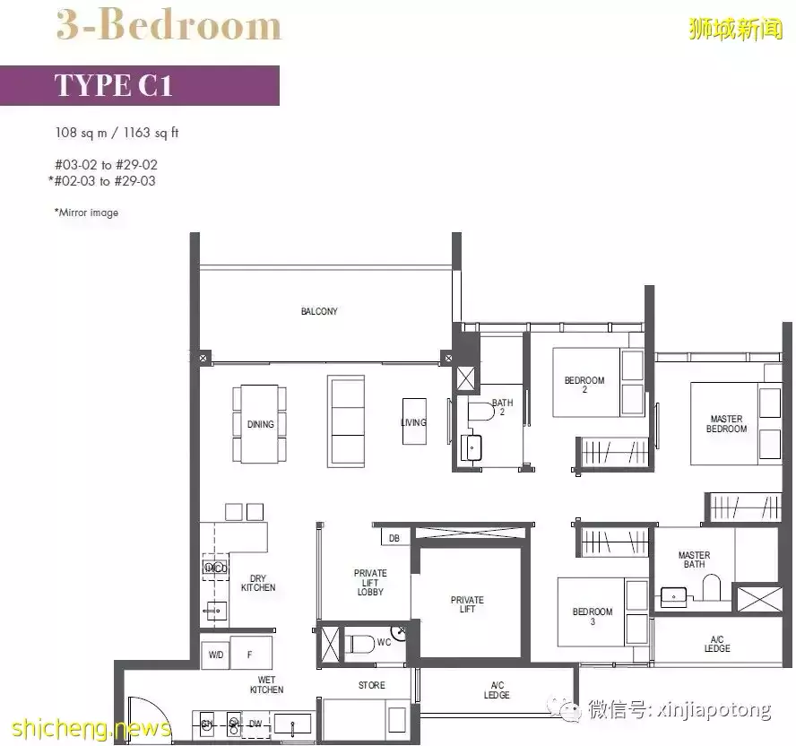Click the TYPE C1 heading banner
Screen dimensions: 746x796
tap(139, 85)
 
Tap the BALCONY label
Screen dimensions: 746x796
tap(319, 312)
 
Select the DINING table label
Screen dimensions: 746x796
tap(260, 424)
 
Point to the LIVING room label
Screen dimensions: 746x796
tap(413, 422)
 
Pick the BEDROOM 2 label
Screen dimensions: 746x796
tap(584, 386)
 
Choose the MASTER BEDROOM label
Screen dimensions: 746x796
tap(726, 424)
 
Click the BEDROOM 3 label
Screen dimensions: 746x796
tap(593, 617)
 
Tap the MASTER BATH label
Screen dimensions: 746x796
tap(694, 560)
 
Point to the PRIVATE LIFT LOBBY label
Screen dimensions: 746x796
tap(370, 583)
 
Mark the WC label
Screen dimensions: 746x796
tap(384, 643)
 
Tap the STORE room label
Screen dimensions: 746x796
tap(371, 686)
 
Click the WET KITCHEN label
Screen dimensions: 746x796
tap(266, 685)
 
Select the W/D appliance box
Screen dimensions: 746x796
tap(216, 655)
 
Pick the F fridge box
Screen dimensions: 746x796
tap(250, 655)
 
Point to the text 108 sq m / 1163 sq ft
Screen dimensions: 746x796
tap(117, 134)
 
